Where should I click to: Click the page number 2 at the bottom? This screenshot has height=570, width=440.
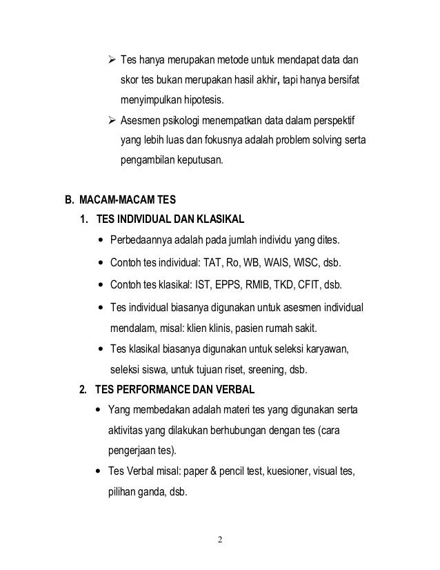click(x=220, y=538)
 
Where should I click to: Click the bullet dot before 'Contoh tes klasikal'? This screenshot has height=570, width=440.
click(x=103, y=286)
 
